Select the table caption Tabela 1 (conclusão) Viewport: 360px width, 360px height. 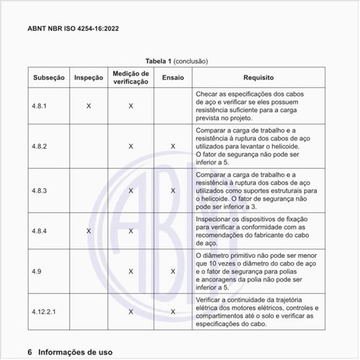(x=180, y=62)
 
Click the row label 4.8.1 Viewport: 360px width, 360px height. (x=40, y=106)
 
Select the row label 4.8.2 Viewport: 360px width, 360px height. (x=40, y=146)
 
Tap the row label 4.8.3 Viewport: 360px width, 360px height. (x=40, y=191)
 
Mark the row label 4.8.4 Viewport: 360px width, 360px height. (x=40, y=231)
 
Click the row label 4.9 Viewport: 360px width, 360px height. (x=36, y=271)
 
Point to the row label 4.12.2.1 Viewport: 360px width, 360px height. (x=43, y=312)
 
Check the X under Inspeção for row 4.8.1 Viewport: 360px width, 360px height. (x=89, y=106)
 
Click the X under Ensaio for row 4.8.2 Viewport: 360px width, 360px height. (x=173, y=146)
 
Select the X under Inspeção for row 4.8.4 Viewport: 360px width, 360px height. (x=89, y=231)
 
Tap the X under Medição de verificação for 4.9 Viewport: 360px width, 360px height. (x=130, y=271)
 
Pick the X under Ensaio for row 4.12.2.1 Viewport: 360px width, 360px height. (x=173, y=312)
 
